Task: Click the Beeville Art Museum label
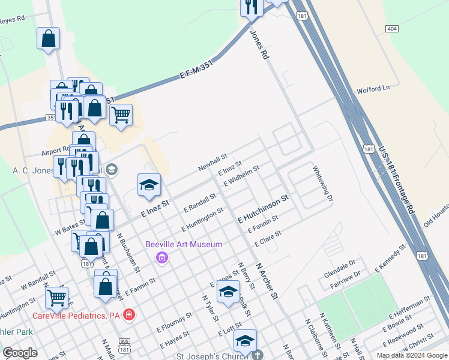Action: point(184,244)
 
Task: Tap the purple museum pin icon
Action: point(161,258)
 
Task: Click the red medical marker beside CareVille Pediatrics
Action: point(129,314)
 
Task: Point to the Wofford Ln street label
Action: point(373,88)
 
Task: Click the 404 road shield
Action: point(392,29)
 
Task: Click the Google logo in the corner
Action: point(20,353)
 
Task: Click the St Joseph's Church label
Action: point(224,355)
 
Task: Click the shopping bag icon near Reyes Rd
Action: point(48,40)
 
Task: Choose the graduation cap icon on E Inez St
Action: point(149,185)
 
